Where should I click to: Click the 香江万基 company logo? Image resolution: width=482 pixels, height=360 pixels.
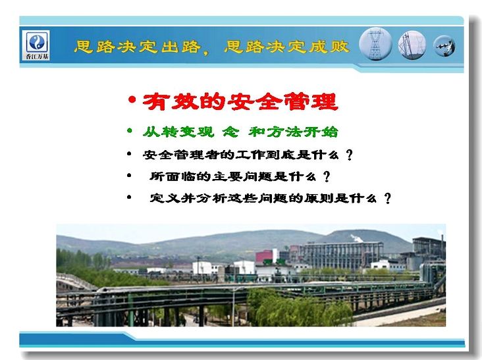pos(37,45)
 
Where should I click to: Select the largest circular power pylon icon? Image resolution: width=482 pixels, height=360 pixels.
pos(375,44)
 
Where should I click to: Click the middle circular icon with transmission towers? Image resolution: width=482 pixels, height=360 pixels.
pos(412,45)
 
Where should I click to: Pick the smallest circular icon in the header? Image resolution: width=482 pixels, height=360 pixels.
pos(444,46)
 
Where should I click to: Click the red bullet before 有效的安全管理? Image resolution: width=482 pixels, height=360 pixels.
pos(132,100)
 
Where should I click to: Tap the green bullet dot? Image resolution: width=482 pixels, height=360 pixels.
pos(130,131)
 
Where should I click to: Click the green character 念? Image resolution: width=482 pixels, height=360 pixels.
pos(230,132)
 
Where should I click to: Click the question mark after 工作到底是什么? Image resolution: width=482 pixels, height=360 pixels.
pos(349,155)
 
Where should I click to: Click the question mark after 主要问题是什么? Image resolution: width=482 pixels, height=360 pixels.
pos(327,176)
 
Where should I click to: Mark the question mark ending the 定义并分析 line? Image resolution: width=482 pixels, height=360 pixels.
pos(388,198)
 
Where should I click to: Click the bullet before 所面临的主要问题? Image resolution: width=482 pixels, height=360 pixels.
pos(129,176)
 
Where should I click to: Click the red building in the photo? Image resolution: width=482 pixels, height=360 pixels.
pos(264,257)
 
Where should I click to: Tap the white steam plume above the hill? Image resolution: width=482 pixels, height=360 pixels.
pos(358,238)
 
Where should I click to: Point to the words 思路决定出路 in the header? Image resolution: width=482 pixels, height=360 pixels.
pos(138,47)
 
